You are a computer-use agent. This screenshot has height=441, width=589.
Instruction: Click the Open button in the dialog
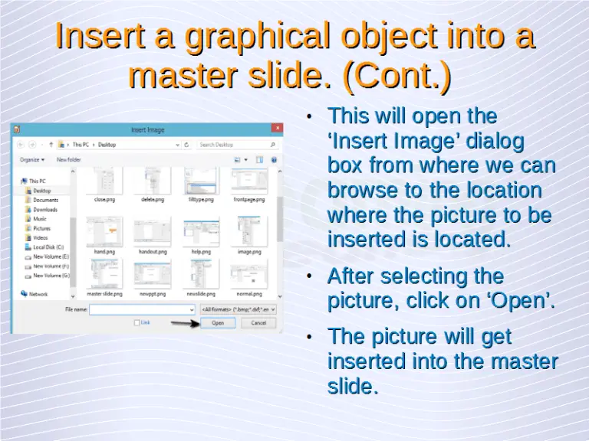coord(218,323)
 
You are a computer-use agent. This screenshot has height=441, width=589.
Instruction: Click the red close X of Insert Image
coord(275,130)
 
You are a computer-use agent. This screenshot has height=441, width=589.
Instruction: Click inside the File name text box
coord(142,309)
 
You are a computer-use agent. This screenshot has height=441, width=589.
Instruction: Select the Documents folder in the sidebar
coord(45,200)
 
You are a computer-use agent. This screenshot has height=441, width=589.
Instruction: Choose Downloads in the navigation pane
coord(45,209)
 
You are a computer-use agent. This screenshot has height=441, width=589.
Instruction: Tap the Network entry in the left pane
coord(38,294)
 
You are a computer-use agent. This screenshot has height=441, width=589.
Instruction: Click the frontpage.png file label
coord(248,199)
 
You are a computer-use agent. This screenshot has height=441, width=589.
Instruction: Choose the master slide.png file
coord(104,293)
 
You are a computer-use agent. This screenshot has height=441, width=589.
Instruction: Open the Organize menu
coord(31,160)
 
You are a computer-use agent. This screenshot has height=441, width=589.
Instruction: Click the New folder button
coord(68,160)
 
